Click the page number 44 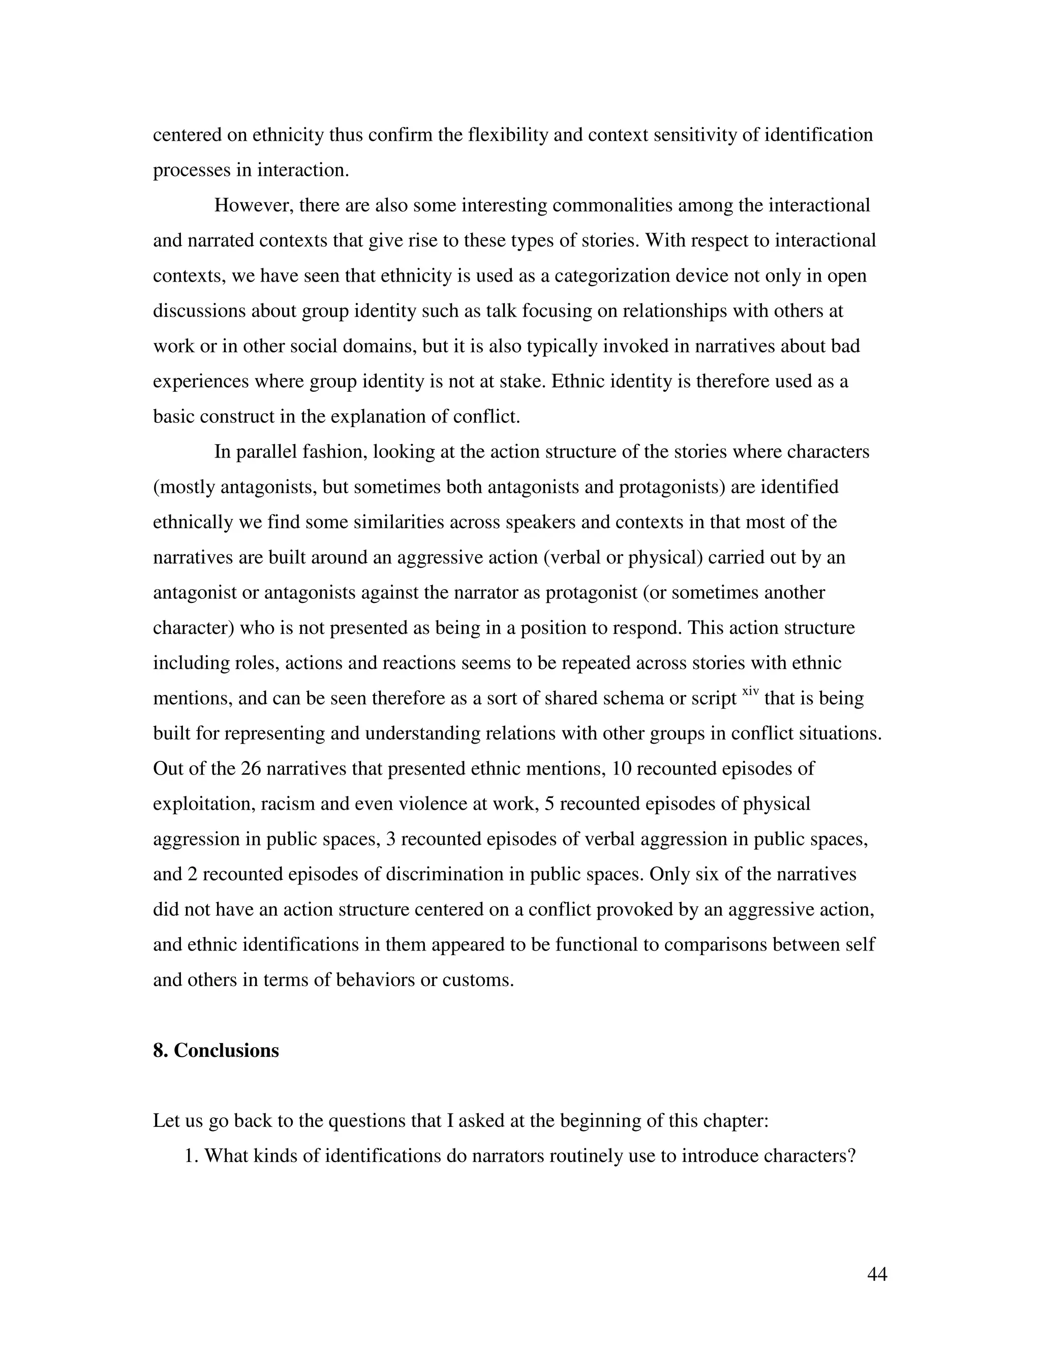click(x=876, y=1274)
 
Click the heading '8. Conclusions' click(x=216, y=1050)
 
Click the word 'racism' click(x=286, y=804)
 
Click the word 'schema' click(x=630, y=698)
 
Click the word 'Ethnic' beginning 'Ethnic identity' click(x=577, y=381)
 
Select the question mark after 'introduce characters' click(x=852, y=1155)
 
